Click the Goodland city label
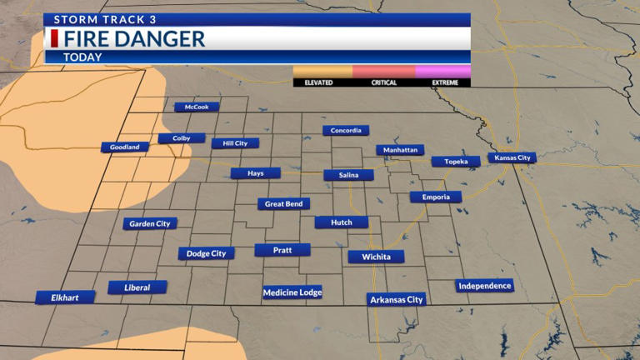click(x=125, y=147)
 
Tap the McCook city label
click(x=197, y=107)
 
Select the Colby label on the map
click(x=182, y=138)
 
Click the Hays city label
click(x=255, y=173)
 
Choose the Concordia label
click(x=346, y=131)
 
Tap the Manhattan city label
click(x=400, y=150)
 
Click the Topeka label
click(x=455, y=162)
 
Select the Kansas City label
click(x=512, y=157)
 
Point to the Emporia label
click(x=435, y=197)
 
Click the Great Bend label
click(x=283, y=204)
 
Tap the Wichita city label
click(x=376, y=257)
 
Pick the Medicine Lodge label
click(x=292, y=292)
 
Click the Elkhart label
click(x=64, y=297)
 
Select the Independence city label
click(x=484, y=286)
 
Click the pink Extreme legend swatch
click(x=442, y=72)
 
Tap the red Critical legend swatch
click(x=383, y=72)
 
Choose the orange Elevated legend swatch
click(x=322, y=72)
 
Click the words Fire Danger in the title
click(x=134, y=38)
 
